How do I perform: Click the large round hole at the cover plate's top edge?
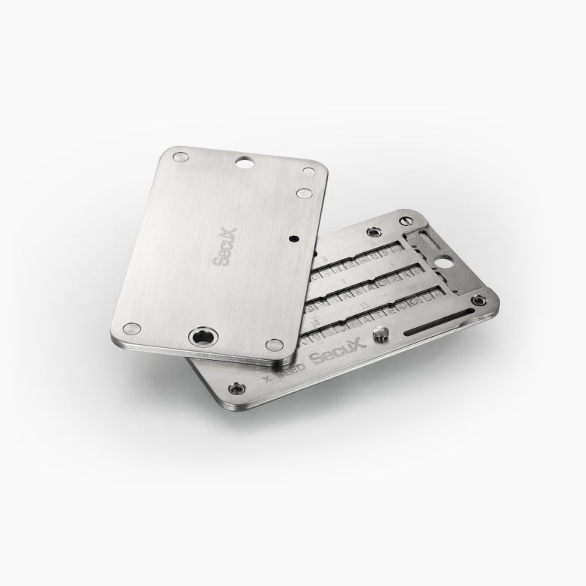pyautogui.click(x=244, y=161)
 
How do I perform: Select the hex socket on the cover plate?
pyautogui.click(x=202, y=339)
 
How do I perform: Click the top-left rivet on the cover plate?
pyautogui.click(x=180, y=157)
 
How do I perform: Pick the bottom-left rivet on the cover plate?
pyautogui.click(x=132, y=329)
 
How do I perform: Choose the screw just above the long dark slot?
pyautogui.click(x=477, y=301)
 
